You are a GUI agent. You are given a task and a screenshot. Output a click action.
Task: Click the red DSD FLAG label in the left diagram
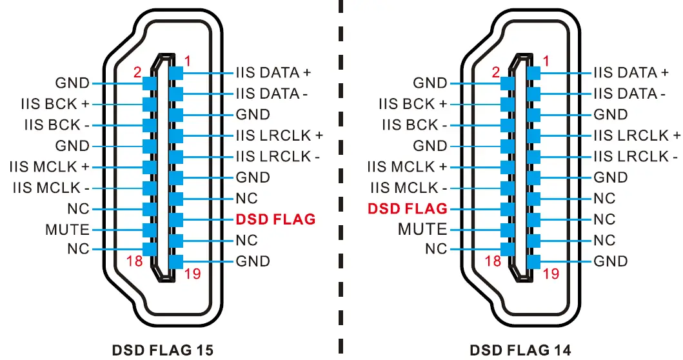[x=275, y=219]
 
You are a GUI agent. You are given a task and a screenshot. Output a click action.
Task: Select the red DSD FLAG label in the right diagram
[x=407, y=208]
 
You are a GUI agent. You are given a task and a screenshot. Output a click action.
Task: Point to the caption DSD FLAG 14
[x=520, y=350]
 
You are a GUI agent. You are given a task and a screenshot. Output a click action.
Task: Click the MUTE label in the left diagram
[x=67, y=230]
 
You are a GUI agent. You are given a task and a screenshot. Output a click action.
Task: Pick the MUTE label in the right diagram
[x=422, y=229]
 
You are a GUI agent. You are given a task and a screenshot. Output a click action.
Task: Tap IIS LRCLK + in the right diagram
[x=637, y=135]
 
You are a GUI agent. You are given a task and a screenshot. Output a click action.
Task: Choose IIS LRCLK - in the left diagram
[x=278, y=156]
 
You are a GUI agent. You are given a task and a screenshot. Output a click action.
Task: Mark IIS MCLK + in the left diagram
[x=49, y=167]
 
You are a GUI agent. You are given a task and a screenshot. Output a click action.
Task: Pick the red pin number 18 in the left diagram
[x=134, y=261]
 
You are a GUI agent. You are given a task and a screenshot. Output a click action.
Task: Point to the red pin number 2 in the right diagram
[x=495, y=72]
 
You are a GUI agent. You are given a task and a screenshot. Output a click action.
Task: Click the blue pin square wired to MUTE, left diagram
[x=150, y=230]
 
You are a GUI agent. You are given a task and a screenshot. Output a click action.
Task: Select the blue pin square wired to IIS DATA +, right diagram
[x=533, y=73]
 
